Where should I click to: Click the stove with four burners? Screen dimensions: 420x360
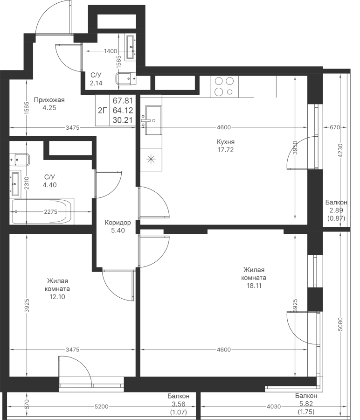tap(224, 86)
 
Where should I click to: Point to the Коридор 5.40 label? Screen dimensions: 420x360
tap(118, 226)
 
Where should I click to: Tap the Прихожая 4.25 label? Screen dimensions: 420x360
tap(49, 103)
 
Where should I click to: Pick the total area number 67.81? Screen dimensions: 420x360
tap(122, 100)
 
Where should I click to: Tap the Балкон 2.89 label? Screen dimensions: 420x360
tap(336, 210)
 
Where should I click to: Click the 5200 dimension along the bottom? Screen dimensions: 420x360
tap(101, 407)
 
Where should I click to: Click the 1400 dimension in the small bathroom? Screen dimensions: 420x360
tap(111, 51)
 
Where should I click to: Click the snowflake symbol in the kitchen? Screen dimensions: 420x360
tap(151, 159)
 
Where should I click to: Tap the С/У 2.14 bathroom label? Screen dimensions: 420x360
tap(96, 79)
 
